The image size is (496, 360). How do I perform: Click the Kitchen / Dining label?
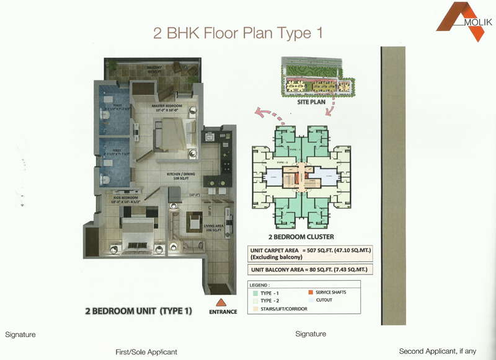pos(180,175)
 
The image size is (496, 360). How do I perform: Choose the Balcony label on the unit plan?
pos(154,66)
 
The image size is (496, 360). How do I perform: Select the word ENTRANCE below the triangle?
pos(223,312)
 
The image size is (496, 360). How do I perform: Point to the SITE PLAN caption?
pos(312,103)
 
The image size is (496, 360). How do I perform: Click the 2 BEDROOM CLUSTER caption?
pos(301,237)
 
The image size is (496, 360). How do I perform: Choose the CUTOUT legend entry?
pos(324,300)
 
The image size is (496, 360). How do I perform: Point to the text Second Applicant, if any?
pos(438,351)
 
